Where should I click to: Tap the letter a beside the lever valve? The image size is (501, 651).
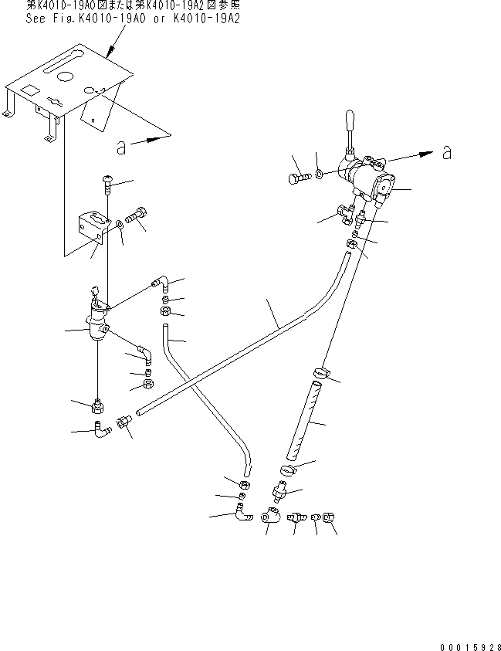446,153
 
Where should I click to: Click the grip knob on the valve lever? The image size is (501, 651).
348,121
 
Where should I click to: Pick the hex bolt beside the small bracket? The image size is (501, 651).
140,215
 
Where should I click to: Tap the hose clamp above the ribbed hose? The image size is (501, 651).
320,375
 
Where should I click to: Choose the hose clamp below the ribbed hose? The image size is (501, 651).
286,469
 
